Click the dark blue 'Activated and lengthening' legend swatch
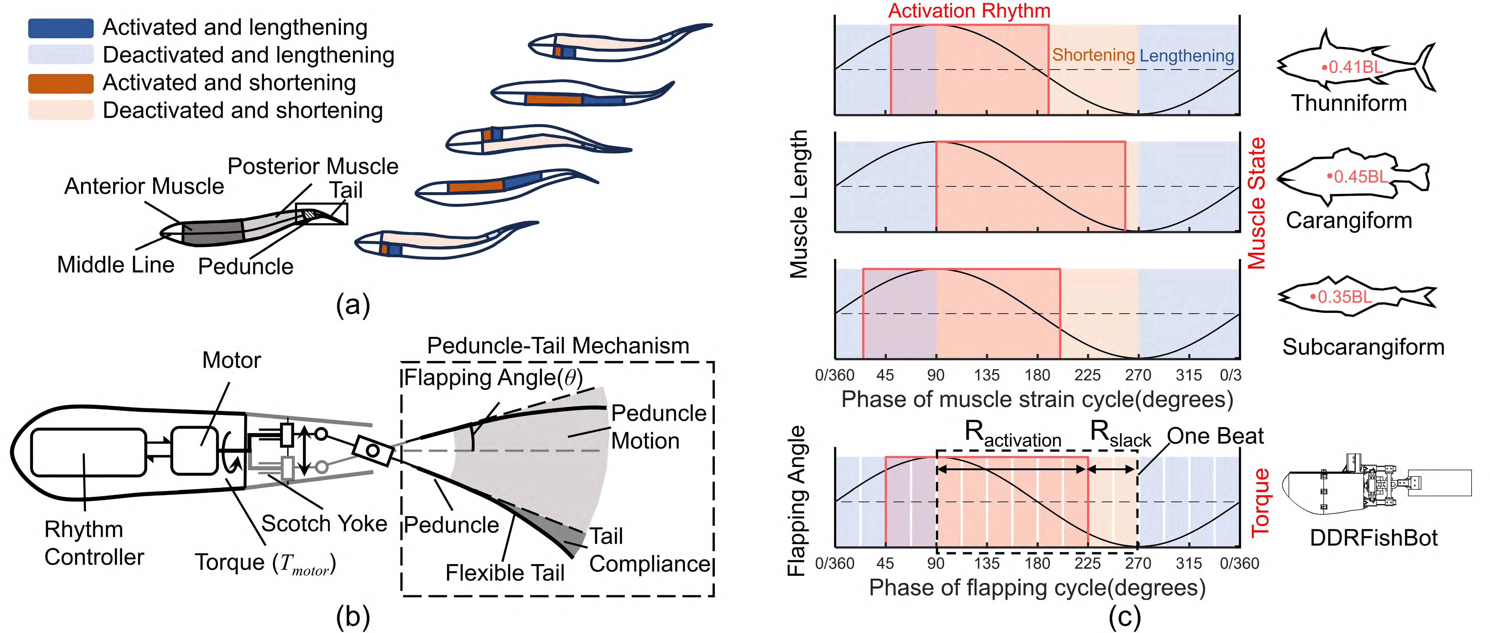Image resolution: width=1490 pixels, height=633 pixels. [x=61, y=28]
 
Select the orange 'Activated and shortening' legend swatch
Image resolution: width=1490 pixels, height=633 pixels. [x=61, y=83]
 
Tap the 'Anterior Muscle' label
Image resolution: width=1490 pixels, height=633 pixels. [x=144, y=186]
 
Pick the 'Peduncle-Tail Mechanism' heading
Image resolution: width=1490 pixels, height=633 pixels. [x=558, y=346]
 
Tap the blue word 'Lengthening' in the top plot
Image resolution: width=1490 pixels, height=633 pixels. [x=1187, y=55]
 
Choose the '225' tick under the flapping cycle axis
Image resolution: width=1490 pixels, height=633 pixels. [x=1087, y=563]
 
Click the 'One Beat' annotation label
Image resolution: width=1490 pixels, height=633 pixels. [x=1215, y=436]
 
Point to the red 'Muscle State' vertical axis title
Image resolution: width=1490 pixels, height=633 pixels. [x=1256, y=203]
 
